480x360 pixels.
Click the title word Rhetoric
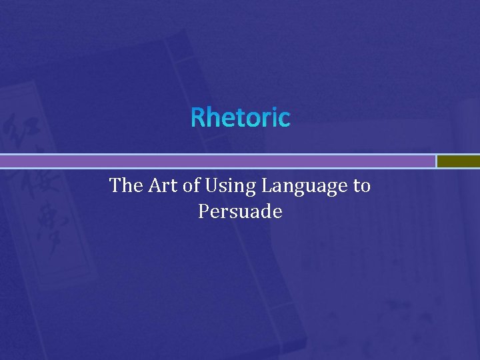coord(241,118)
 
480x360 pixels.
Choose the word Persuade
coord(240,212)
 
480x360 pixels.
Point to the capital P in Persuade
coord(203,212)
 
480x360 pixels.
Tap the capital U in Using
coord(211,185)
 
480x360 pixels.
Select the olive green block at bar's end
coord(459,161)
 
